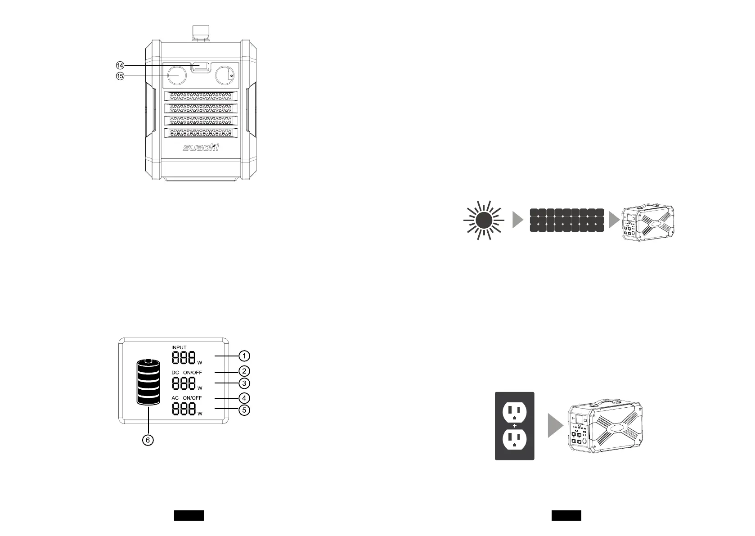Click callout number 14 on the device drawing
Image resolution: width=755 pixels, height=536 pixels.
(x=120, y=66)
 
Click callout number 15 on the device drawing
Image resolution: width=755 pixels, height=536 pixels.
(x=120, y=76)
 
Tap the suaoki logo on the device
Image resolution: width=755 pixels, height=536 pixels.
(x=200, y=147)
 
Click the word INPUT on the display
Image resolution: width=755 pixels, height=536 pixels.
(x=179, y=347)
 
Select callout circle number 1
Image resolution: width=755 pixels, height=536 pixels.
(x=243, y=356)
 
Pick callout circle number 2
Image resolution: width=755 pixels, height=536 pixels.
(x=243, y=371)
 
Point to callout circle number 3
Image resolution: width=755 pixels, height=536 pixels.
(x=243, y=383)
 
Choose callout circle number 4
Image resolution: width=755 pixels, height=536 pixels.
(x=243, y=398)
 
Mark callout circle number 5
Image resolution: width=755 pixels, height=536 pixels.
(x=243, y=410)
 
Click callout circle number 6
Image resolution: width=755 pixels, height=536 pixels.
(x=148, y=441)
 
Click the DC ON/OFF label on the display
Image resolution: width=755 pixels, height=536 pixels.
(x=186, y=373)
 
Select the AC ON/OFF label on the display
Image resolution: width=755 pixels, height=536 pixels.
(x=186, y=398)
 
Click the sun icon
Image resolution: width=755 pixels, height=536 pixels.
(x=484, y=220)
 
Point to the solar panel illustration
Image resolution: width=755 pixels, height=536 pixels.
(x=567, y=220)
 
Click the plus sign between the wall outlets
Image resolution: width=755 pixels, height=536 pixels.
(x=514, y=426)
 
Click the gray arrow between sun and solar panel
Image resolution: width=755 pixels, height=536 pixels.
(x=518, y=220)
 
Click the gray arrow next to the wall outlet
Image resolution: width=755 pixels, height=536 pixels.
(x=555, y=426)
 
